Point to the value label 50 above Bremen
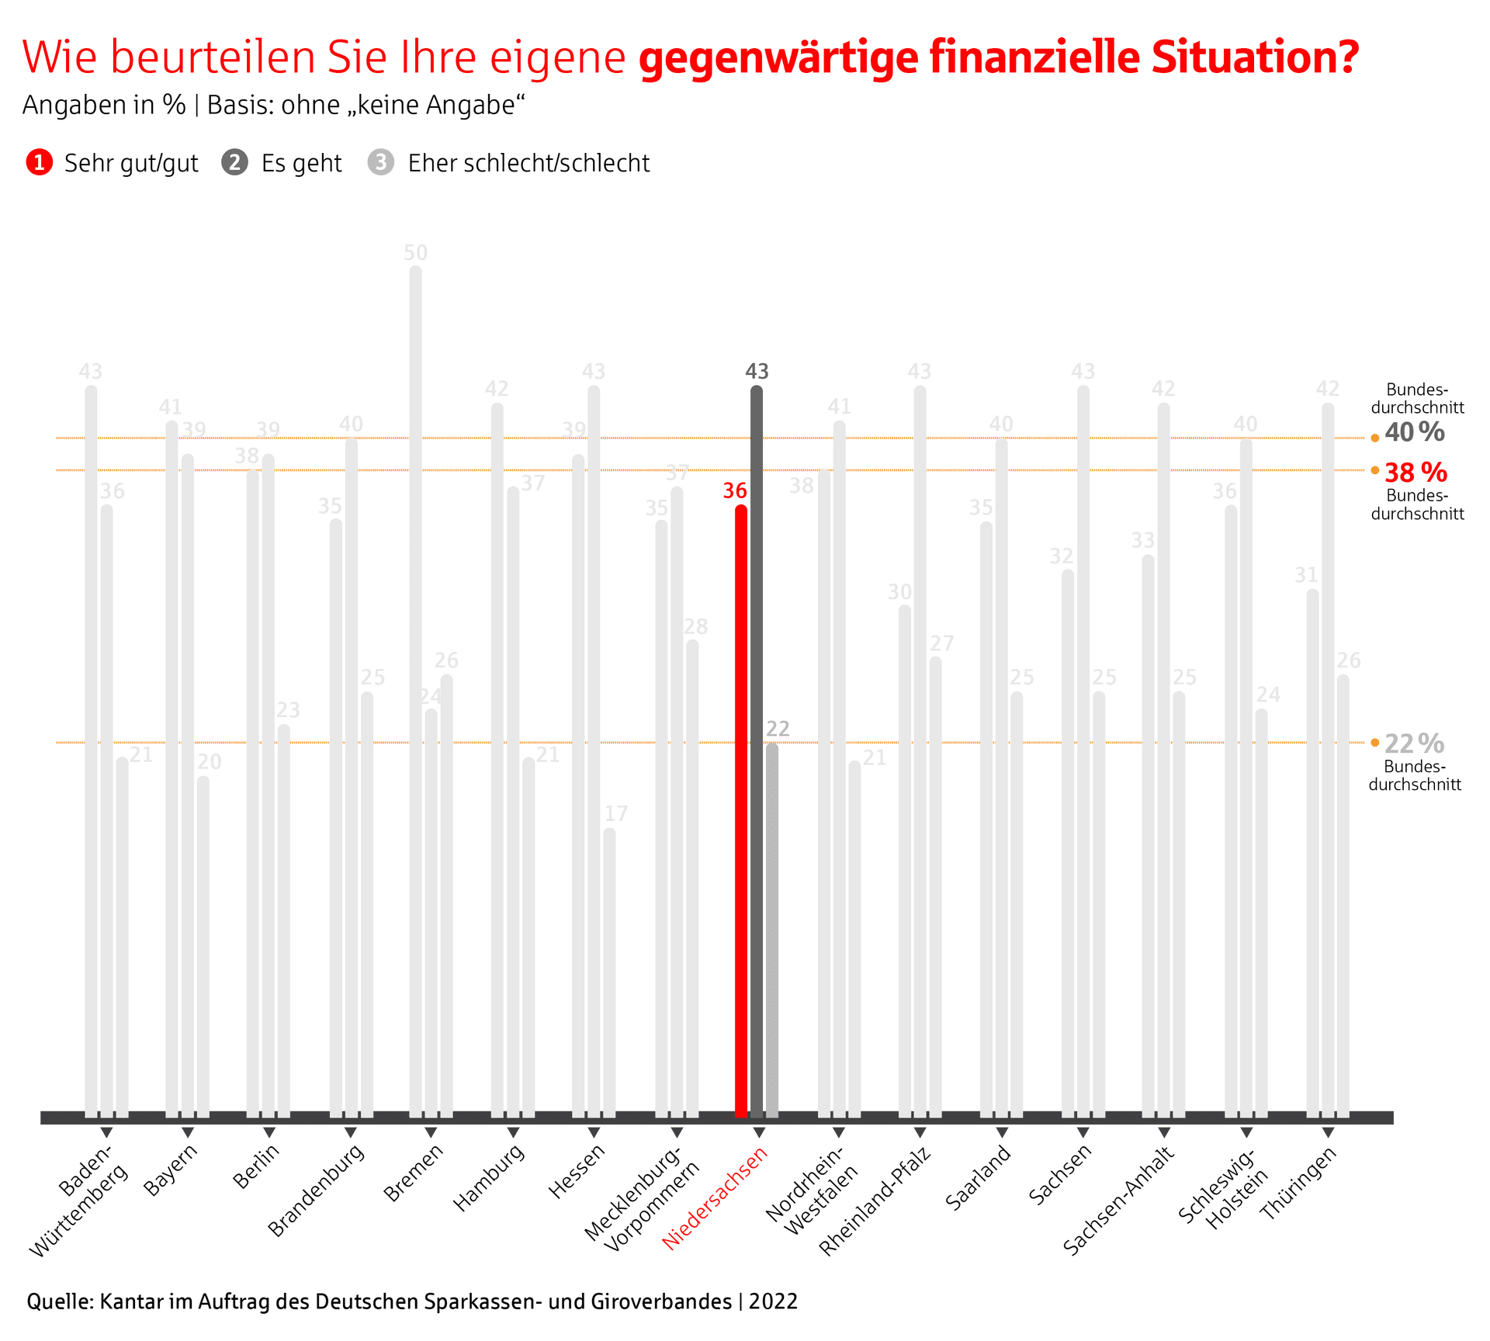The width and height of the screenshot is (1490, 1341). (x=416, y=253)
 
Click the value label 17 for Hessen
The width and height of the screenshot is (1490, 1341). (x=616, y=813)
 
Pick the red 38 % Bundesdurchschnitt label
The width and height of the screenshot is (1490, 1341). (x=1415, y=473)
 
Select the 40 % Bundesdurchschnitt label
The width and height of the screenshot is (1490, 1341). (x=1415, y=432)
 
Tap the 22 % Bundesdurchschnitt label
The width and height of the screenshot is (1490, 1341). (x=1414, y=744)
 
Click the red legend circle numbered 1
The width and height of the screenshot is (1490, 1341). (x=39, y=163)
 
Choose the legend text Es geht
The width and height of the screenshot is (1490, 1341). (x=301, y=164)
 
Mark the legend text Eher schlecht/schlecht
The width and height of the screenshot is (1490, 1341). (x=528, y=164)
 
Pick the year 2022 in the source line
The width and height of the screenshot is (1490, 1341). (x=773, y=1301)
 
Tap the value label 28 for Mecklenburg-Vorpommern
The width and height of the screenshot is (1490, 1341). (x=696, y=626)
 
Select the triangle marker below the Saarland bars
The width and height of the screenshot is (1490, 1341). (x=1002, y=1133)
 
